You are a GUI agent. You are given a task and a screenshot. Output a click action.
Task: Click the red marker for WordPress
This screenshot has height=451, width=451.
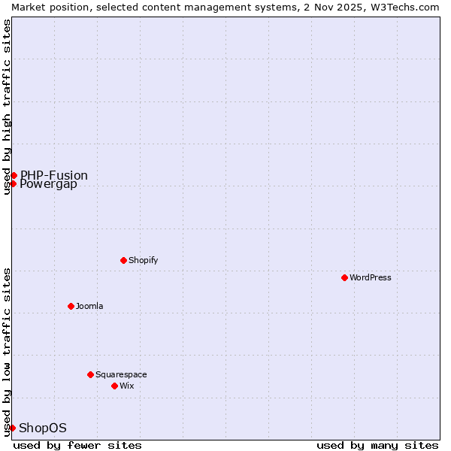[344, 277]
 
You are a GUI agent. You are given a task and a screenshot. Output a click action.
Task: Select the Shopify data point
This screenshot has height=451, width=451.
[123, 260]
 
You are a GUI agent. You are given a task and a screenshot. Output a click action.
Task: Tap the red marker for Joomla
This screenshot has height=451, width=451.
[71, 306]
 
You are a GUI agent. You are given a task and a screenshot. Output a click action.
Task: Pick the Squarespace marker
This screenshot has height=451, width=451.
[90, 374]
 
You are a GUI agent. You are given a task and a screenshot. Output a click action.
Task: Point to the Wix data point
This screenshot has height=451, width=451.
[114, 386]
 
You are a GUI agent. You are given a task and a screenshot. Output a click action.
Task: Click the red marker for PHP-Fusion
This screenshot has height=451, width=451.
[14, 175]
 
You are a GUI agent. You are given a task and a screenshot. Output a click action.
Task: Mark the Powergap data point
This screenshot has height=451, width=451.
[13, 183]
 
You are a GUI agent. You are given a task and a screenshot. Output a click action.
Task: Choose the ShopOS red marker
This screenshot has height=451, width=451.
[12, 428]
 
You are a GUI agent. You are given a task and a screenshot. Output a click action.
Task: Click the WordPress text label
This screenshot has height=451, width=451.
[371, 277]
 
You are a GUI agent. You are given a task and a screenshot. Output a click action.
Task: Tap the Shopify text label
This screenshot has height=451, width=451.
[143, 260]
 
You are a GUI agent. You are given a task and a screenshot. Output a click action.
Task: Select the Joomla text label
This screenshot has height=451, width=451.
[89, 306]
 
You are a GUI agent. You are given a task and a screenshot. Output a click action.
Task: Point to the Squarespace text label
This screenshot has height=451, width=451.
[121, 374]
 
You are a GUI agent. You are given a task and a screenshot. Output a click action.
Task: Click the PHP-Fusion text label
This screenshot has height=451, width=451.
[54, 175]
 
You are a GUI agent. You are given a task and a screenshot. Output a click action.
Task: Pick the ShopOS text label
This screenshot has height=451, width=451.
[43, 428]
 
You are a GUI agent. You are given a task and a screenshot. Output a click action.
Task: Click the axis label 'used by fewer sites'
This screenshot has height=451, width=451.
[77, 445]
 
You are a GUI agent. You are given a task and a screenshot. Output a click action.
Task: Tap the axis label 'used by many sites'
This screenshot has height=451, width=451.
[377, 445]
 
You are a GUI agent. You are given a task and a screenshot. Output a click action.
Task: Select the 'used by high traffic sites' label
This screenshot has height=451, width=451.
[7, 107]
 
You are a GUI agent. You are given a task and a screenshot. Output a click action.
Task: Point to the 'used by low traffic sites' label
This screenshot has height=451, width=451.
[7, 352]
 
